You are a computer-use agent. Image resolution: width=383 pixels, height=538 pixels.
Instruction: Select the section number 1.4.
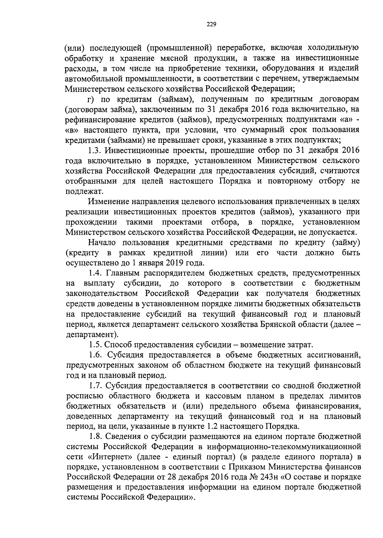(95, 273)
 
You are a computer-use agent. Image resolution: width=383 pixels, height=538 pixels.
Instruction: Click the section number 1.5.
(95, 345)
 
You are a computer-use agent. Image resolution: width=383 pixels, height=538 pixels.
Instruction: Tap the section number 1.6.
(95, 355)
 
